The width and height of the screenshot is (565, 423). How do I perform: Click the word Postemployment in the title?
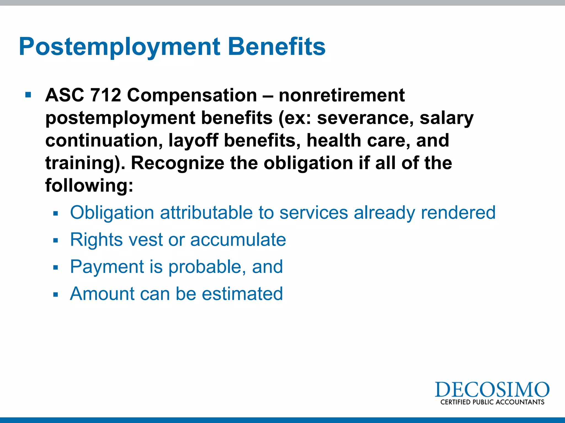click(119, 47)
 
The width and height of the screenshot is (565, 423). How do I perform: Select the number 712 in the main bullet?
click(106, 95)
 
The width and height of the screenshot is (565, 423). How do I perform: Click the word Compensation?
click(192, 95)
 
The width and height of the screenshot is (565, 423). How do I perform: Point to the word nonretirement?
click(342, 95)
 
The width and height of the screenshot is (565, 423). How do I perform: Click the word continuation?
click(104, 140)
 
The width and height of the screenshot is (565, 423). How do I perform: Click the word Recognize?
click(177, 163)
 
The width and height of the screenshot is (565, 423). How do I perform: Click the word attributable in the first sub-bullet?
click(206, 213)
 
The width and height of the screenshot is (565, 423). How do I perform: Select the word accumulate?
click(238, 240)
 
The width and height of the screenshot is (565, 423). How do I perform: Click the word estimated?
click(242, 294)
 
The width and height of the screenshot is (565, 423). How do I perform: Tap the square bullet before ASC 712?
click(28, 95)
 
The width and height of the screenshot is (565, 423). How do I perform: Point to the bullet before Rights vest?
click(56, 240)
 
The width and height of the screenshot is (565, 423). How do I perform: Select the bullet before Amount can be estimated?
click(56, 294)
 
